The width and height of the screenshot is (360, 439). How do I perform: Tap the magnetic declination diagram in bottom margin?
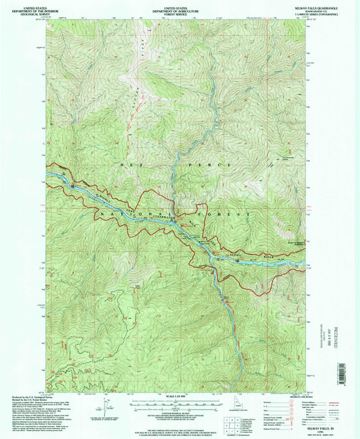pos(107,408)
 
